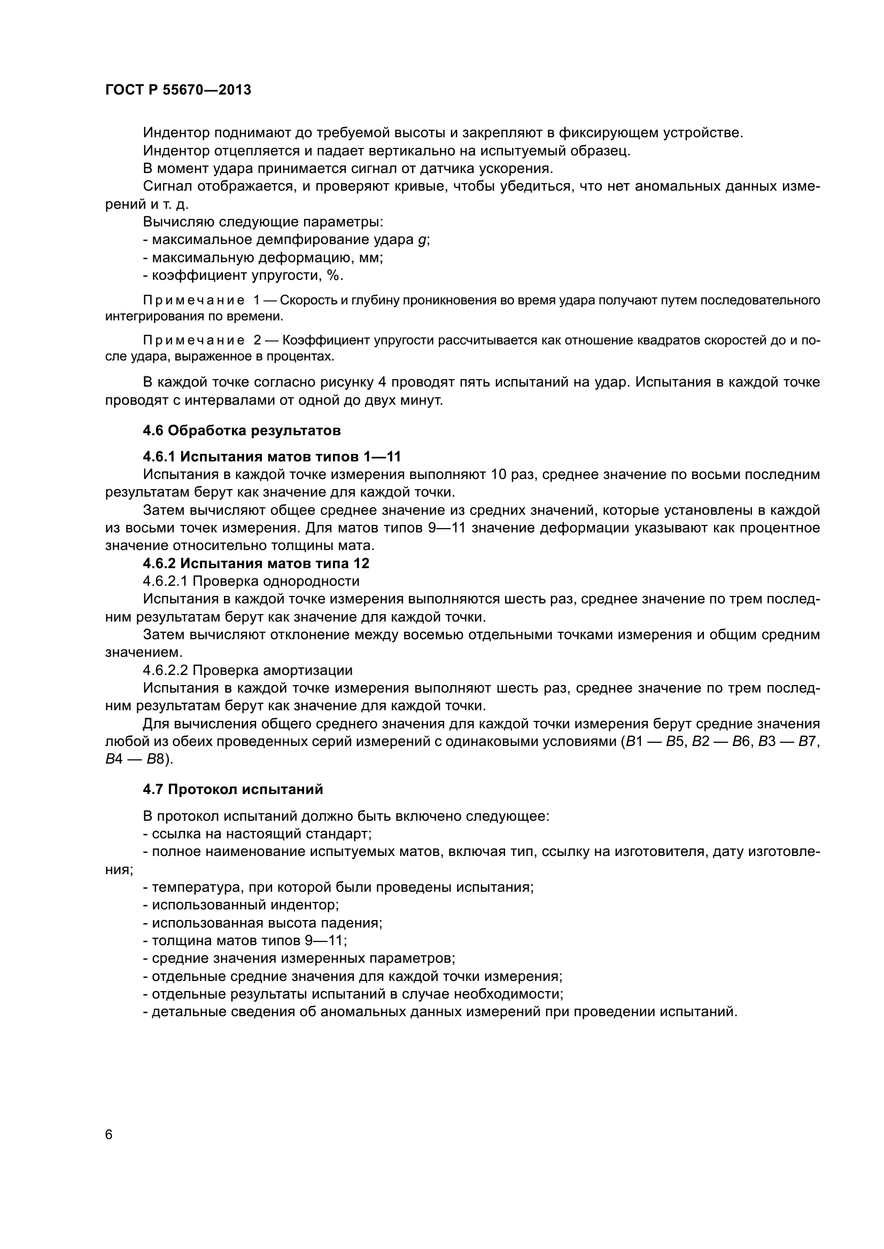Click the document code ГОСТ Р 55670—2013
[x=178, y=90]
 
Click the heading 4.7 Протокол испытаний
[x=233, y=789]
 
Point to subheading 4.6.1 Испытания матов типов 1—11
[x=272, y=457]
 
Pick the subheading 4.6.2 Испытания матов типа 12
[x=256, y=563]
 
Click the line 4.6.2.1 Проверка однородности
[x=251, y=581]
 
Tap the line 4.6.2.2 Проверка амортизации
[x=247, y=670]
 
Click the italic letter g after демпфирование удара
[x=422, y=240]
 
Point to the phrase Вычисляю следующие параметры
[x=263, y=222]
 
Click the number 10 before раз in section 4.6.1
[x=498, y=474]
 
